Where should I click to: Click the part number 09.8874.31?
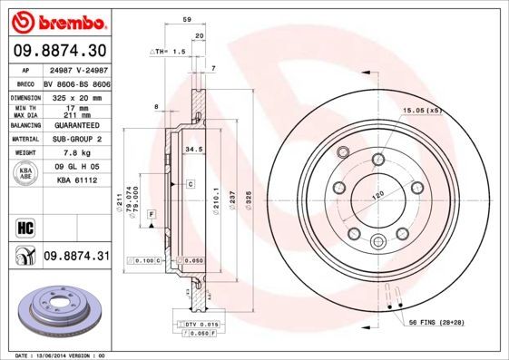[x=76, y=258]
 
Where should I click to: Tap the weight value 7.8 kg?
[x=77, y=152]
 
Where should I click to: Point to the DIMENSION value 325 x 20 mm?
[x=77, y=95]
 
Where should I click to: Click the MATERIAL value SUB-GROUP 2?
[x=77, y=140]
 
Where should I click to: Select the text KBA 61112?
[x=77, y=181]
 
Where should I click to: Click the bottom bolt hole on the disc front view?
[x=377, y=239]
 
